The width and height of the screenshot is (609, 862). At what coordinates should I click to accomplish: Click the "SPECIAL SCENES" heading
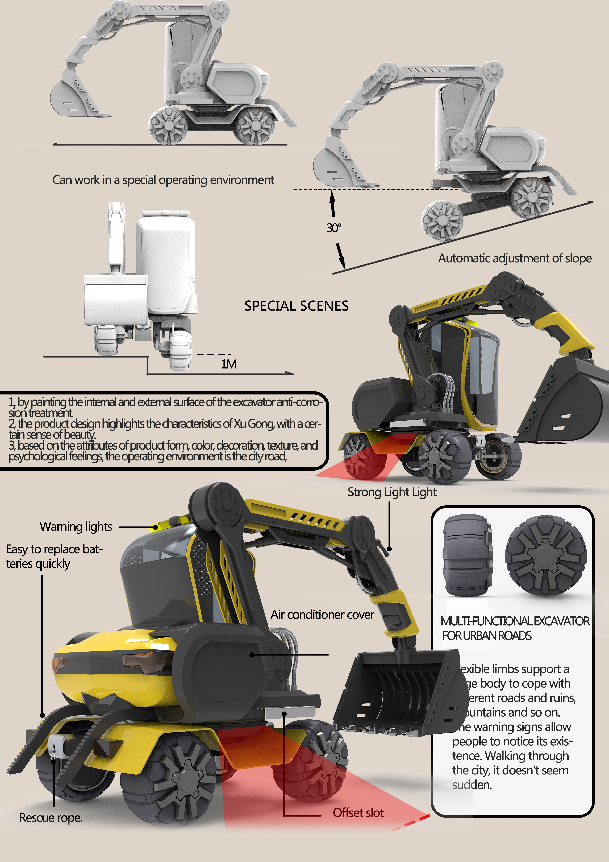point(296,306)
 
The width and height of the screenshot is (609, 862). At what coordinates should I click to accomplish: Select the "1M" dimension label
point(228,364)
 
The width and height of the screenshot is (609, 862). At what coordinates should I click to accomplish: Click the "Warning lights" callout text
point(76,527)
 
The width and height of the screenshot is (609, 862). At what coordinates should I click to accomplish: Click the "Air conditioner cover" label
point(322,615)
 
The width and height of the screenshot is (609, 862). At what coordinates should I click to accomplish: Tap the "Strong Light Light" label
point(392,492)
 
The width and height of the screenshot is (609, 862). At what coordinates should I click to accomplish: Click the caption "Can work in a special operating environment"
point(163,180)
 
